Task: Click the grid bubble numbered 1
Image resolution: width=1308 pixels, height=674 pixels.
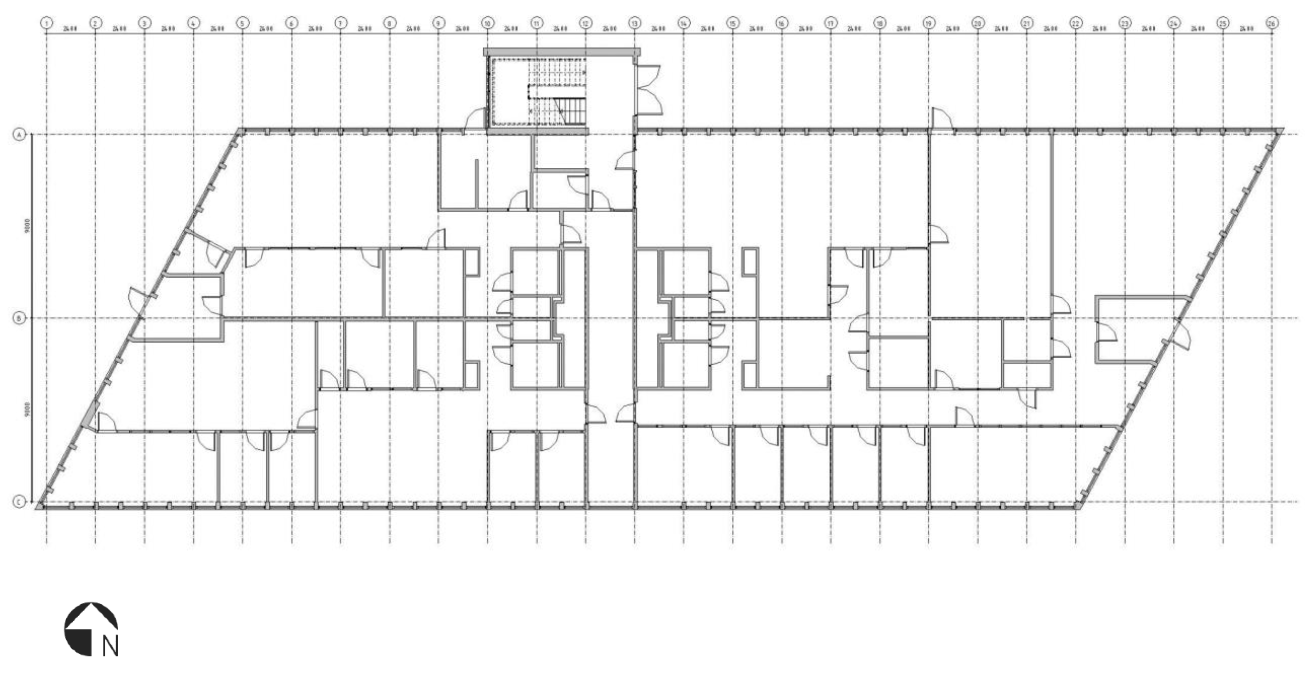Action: pos(47,23)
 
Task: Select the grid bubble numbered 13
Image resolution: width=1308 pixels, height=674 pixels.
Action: pos(635,23)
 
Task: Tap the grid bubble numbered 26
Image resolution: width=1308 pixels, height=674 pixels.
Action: pos(1272,23)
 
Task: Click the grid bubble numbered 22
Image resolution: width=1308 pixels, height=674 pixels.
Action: pos(1075,23)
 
